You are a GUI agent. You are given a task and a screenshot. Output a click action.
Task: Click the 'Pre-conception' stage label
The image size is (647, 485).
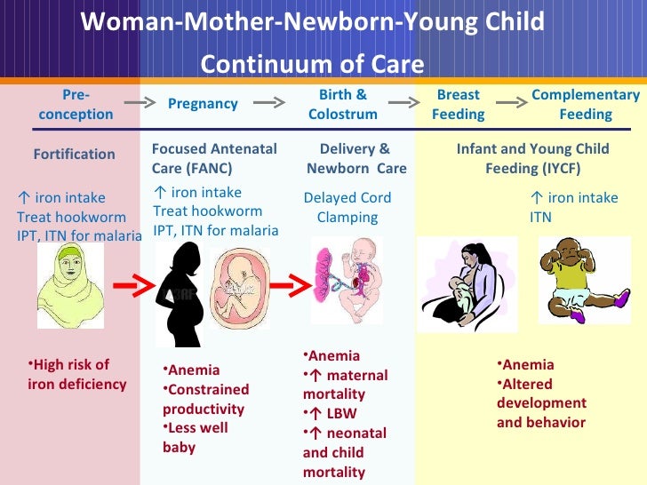(x=76, y=104)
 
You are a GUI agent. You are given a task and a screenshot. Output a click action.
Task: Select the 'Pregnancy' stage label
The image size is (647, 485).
(x=203, y=104)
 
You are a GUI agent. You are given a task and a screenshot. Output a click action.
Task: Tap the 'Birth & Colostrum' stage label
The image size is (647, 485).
(x=342, y=104)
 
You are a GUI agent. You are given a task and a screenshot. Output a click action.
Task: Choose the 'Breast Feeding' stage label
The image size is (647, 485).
(x=458, y=104)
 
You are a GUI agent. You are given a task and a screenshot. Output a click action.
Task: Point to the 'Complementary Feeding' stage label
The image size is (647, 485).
(x=585, y=104)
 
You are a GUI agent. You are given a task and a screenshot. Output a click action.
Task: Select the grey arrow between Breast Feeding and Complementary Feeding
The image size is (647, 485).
(x=510, y=103)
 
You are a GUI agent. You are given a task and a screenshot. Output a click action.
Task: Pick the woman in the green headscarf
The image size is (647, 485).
(x=70, y=285)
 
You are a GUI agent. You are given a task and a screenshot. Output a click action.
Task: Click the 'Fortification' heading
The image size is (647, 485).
(x=74, y=154)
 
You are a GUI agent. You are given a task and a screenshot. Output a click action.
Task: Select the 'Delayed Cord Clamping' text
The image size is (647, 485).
(x=347, y=207)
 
